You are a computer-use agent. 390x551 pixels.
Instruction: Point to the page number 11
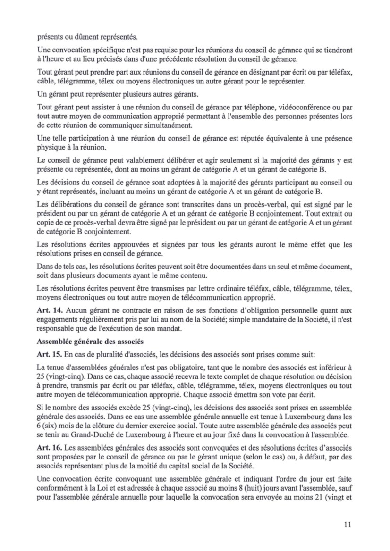pos(348,524)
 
